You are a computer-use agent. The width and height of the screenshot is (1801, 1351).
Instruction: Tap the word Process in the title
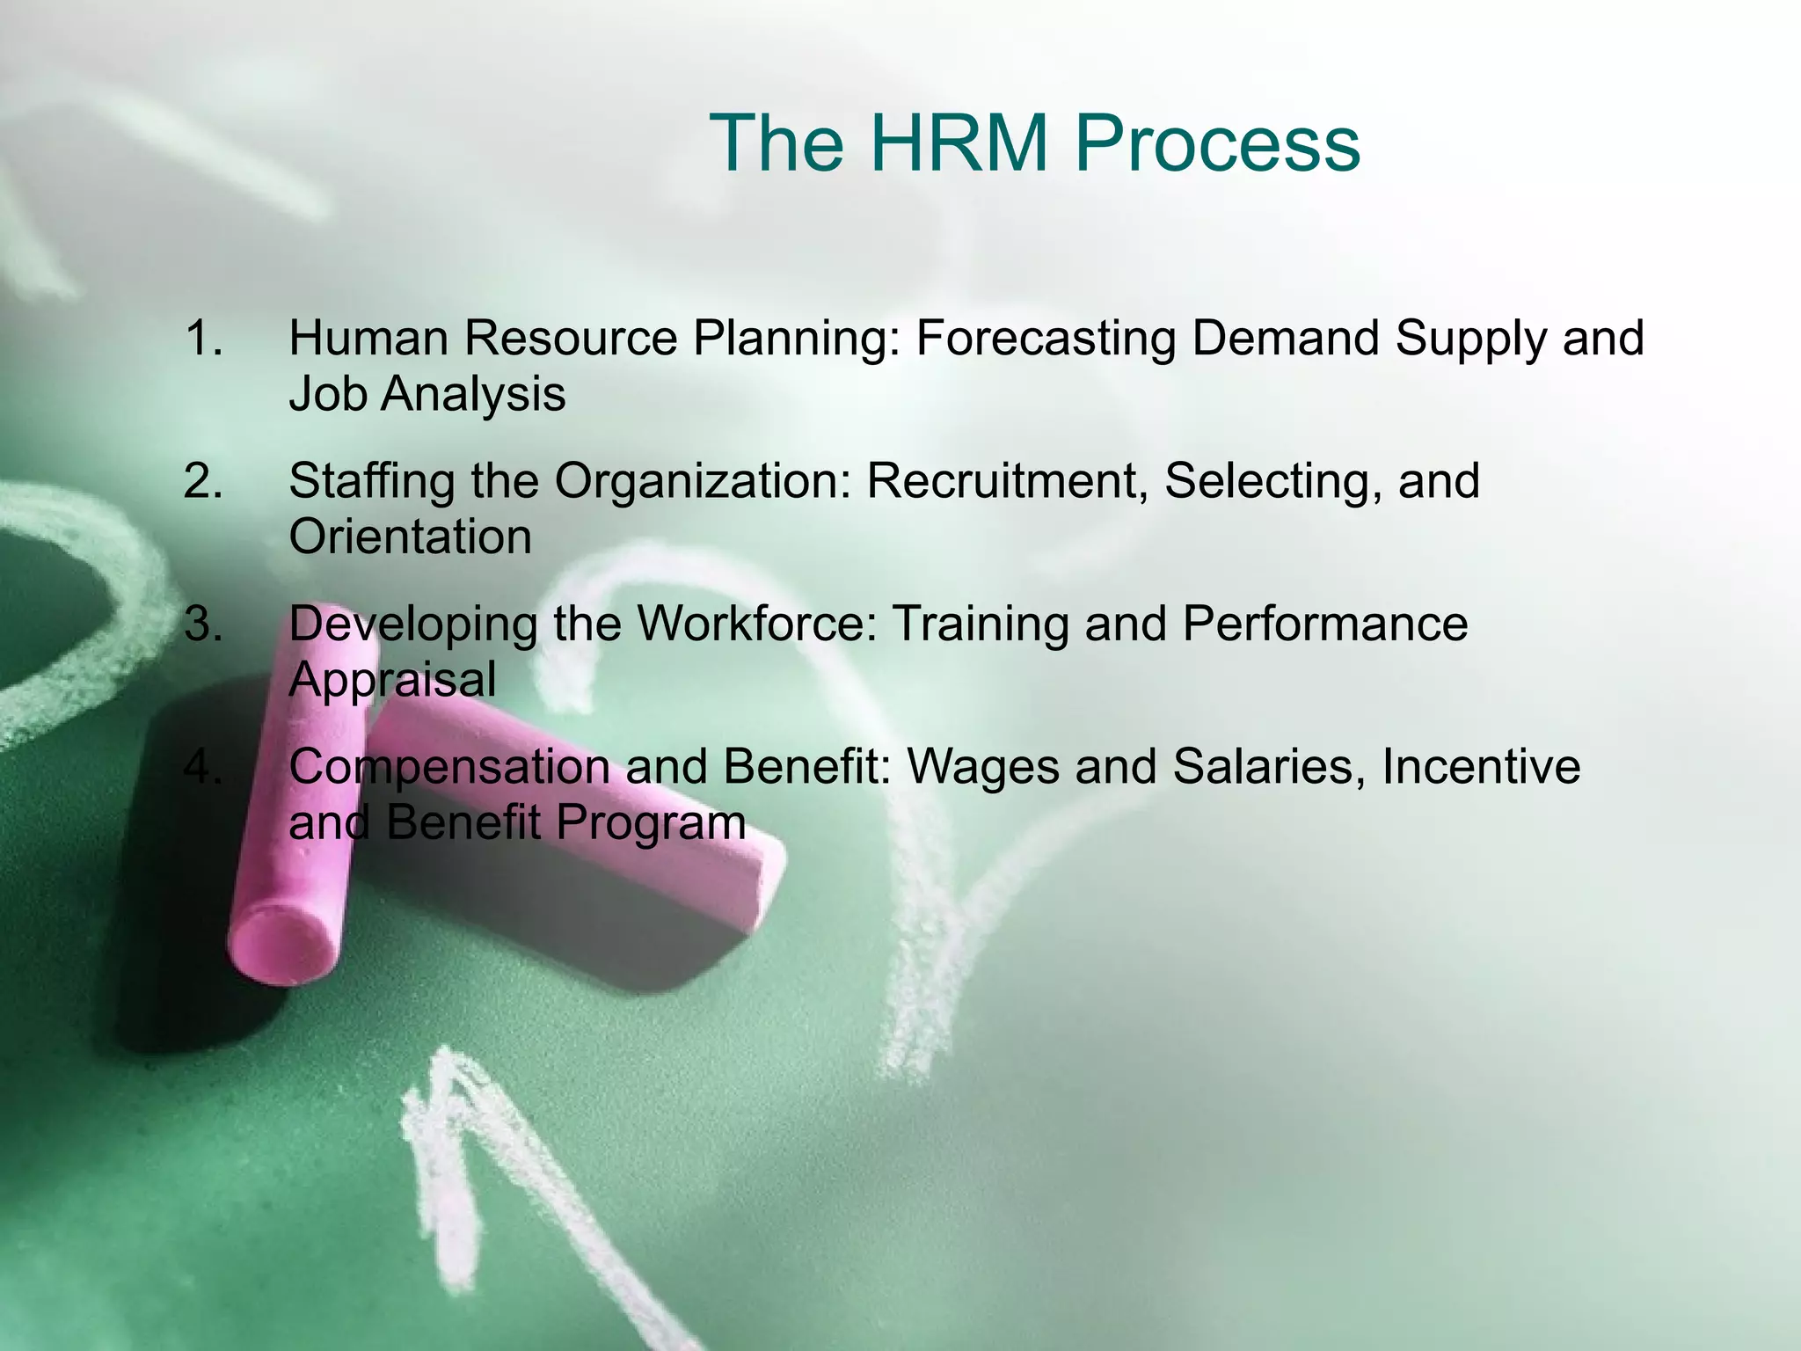pyautogui.click(x=1217, y=142)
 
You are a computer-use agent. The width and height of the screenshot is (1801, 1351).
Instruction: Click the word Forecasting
pyautogui.click(x=1046, y=340)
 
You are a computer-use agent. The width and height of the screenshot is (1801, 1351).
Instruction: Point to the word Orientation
pyautogui.click(x=411, y=537)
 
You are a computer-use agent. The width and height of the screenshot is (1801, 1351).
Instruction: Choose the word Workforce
pyautogui.click(x=757, y=624)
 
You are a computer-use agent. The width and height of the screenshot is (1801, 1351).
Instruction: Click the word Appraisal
pyautogui.click(x=392, y=681)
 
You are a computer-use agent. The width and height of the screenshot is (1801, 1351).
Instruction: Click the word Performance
pyautogui.click(x=1325, y=624)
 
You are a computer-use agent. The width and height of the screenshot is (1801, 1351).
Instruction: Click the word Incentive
pyautogui.click(x=1481, y=767)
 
